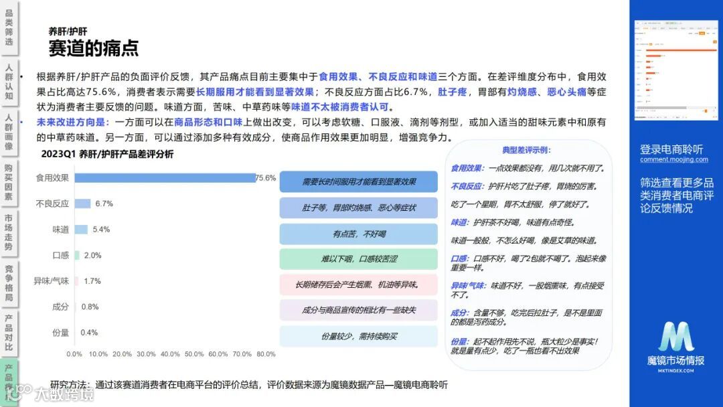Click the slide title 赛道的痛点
93,48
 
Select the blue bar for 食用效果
165,178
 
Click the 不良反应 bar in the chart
82,203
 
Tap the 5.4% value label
101,229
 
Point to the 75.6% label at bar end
266,178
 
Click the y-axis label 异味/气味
52,281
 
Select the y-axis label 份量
60,332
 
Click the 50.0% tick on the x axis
194,354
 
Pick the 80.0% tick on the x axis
266,354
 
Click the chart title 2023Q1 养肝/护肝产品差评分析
107,155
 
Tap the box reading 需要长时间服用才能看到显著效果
359,181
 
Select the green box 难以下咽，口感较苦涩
359,259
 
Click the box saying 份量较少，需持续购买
359,336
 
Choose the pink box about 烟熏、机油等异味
359,284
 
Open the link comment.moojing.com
673,159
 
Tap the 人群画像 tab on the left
9,132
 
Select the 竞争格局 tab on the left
9,282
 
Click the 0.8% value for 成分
90,307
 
